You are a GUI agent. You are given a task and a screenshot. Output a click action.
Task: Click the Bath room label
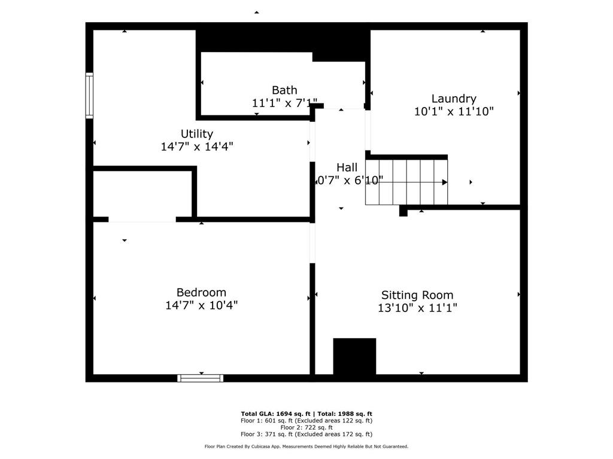(284, 90)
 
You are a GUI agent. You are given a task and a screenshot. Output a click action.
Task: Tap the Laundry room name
(454, 99)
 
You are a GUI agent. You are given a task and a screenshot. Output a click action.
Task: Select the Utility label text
(197, 134)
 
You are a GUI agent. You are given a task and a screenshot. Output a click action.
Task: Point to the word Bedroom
(201, 292)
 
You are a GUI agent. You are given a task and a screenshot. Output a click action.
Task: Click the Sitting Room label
(417, 295)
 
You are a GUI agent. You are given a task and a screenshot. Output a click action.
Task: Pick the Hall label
(347, 167)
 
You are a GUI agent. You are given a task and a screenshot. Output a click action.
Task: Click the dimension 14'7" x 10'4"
(201, 305)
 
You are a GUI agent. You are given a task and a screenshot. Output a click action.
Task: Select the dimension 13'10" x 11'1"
(417, 308)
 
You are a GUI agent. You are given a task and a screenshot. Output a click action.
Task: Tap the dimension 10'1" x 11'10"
(454, 111)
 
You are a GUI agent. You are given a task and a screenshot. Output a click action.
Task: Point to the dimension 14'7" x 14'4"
(197, 146)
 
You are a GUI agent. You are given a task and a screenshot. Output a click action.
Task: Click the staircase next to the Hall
(406, 182)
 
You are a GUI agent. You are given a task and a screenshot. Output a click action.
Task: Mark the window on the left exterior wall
(89, 95)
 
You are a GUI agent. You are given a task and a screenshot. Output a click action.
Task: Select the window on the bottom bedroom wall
(201, 378)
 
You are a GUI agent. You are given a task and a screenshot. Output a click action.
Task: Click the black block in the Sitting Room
(354, 356)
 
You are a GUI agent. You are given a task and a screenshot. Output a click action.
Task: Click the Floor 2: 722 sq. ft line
(306, 427)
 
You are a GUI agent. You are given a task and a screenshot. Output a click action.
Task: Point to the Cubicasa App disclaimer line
(306, 446)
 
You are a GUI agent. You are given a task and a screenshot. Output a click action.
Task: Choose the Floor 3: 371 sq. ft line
(306, 434)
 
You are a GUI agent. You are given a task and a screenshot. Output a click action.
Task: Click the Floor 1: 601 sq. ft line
(306, 421)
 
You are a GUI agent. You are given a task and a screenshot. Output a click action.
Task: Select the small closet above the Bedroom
(142, 195)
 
